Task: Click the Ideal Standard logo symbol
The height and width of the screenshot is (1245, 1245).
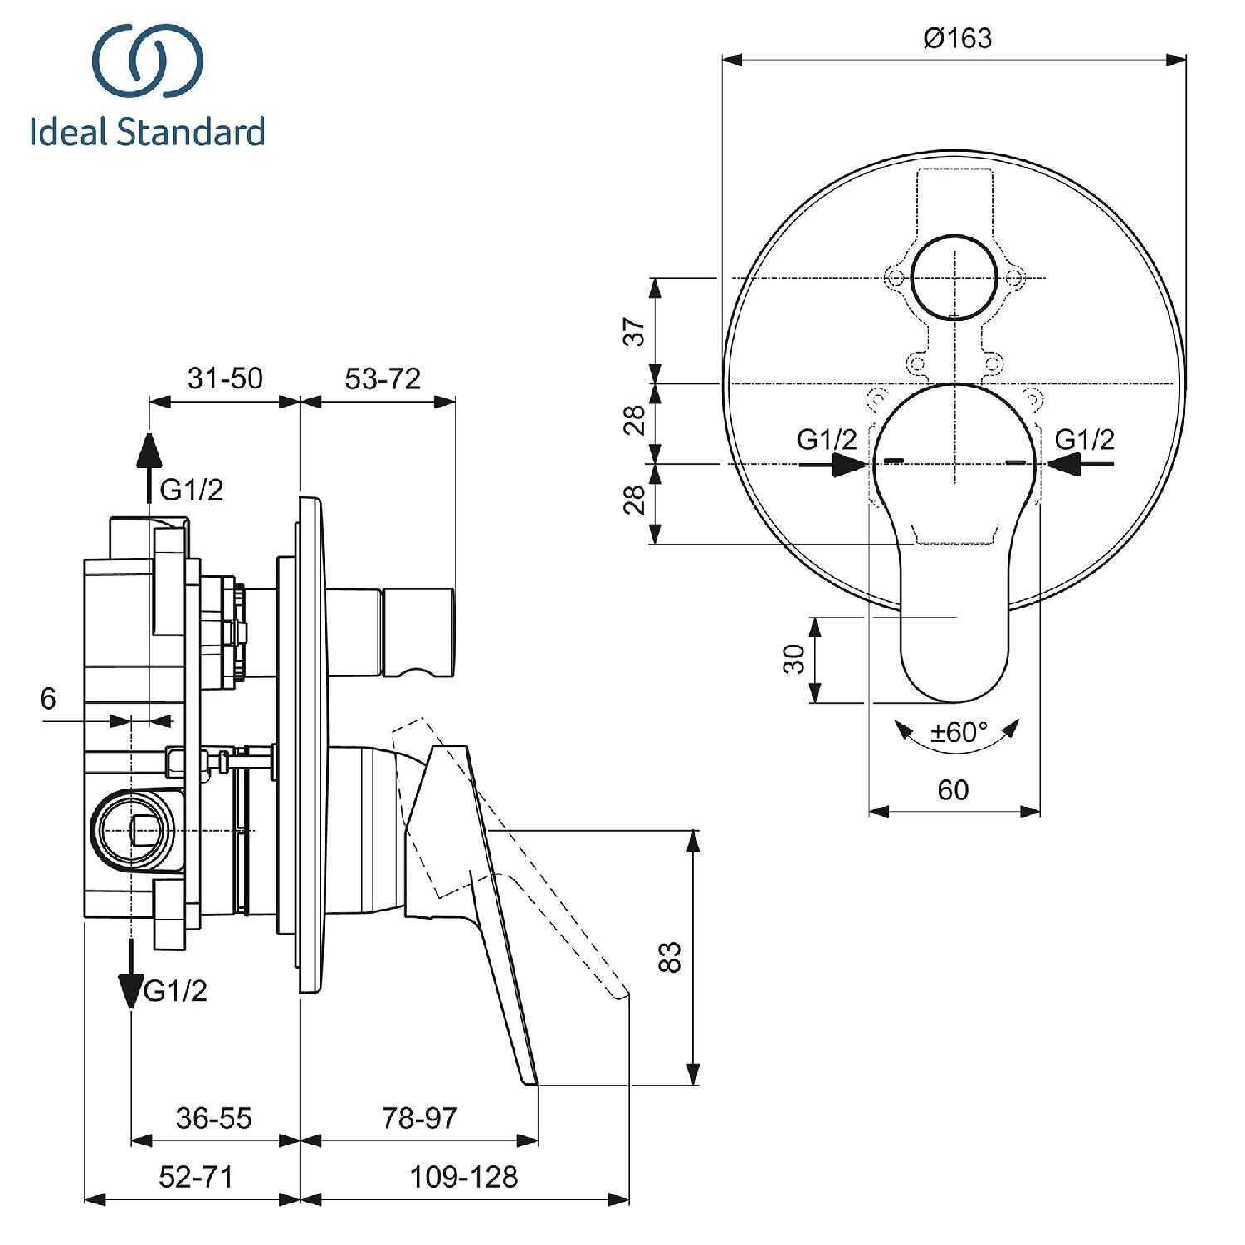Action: point(148,61)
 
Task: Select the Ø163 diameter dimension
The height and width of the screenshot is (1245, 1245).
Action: point(957,38)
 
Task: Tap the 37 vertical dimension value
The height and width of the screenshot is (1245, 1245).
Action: point(635,331)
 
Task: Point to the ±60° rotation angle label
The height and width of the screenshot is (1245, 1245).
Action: point(959,732)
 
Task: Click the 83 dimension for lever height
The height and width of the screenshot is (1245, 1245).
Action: point(670,957)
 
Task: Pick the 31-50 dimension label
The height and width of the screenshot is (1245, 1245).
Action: point(225,378)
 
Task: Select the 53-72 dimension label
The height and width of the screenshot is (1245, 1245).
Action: point(383,378)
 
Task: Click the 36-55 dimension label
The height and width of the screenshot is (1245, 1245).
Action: point(213,1118)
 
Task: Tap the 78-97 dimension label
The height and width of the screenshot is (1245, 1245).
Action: point(419,1118)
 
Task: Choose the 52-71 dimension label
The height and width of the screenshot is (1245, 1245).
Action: point(196,1177)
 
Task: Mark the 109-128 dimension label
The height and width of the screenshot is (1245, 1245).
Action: point(463,1177)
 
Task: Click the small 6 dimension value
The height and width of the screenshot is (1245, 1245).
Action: point(48,699)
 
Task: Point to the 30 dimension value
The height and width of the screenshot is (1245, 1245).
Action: point(794,659)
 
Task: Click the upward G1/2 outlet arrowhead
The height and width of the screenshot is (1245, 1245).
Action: point(149,452)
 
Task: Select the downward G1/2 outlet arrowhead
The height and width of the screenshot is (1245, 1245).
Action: point(131,988)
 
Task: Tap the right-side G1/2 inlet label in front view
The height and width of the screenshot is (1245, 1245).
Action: point(1084,439)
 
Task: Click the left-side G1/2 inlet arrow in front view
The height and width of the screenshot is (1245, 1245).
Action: point(847,464)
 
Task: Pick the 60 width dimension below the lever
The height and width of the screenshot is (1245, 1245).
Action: point(953,789)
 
